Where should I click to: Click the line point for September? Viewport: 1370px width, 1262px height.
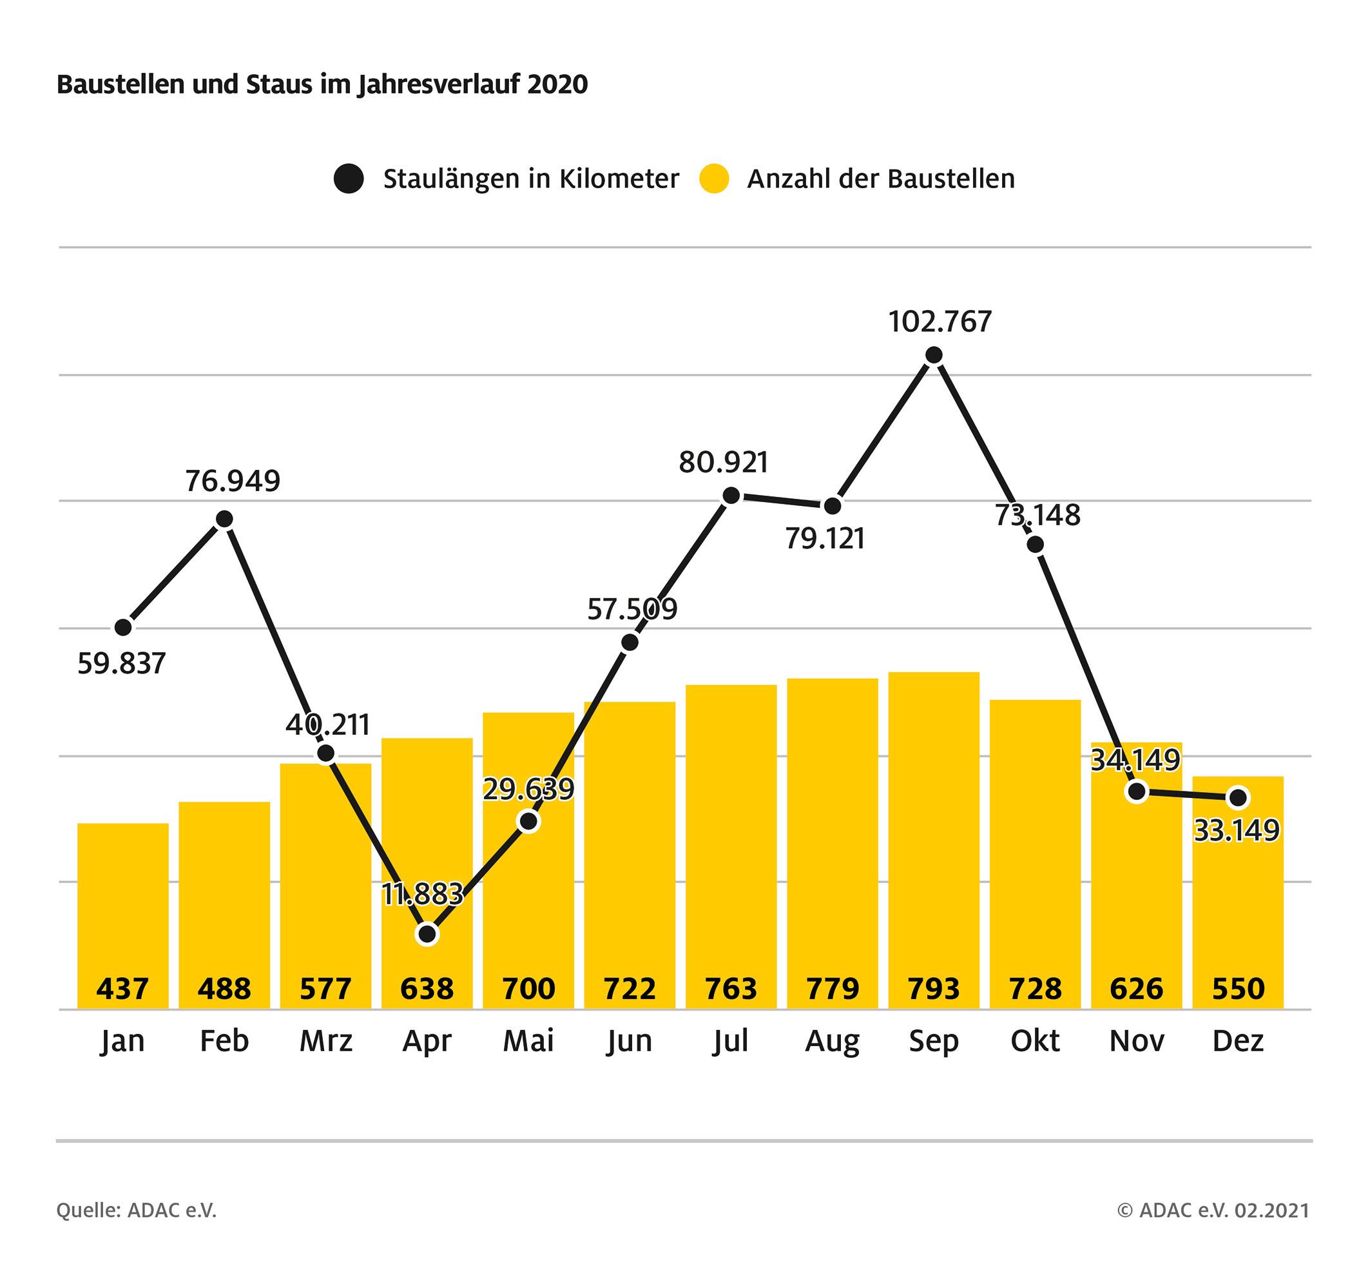(934, 355)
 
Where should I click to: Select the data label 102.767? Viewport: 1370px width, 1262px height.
(940, 322)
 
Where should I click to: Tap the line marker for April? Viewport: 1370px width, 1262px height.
(427, 933)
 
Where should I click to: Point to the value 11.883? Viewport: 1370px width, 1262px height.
(423, 895)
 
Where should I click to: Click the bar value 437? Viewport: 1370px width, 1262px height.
(123, 988)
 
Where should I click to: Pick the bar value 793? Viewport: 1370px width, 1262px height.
(934, 988)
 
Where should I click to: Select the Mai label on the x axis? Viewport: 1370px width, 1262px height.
(528, 1041)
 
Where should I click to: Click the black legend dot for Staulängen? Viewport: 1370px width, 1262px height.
(349, 179)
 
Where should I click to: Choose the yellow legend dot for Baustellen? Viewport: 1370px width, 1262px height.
(714, 179)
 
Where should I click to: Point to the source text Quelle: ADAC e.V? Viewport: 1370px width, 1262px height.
(137, 1211)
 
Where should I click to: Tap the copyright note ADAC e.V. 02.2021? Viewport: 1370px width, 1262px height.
(1213, 1211)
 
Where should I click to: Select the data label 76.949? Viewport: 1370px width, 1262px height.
(233, 481)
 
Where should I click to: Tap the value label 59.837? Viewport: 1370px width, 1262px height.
(122, 664)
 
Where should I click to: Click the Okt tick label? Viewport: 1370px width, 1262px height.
(1035, 1041)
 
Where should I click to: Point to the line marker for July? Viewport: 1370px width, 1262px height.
(731, 496)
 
